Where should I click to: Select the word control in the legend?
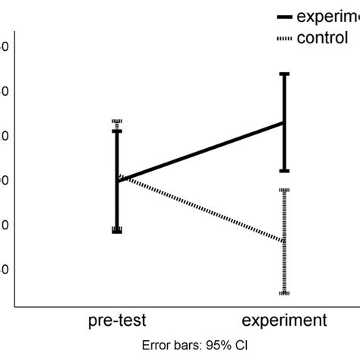tap(322, 37)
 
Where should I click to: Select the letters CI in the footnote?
tap(241, 344)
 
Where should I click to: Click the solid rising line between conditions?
tap(201, 151)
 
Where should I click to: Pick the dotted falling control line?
tap(201, 210)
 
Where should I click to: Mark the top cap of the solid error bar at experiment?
tap(284, 74)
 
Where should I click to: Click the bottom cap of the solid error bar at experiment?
tap(284, 171)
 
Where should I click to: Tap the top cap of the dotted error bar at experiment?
tap(284, 190)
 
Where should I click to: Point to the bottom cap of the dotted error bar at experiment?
tap(284, 292)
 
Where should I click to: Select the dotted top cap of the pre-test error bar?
tap(117, 121)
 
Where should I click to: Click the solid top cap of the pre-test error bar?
tap(117, 131)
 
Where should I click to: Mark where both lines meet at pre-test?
tap(118, 180)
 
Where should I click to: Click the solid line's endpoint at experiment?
tap(284, 122)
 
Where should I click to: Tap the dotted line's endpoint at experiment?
tap(284, 242)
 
